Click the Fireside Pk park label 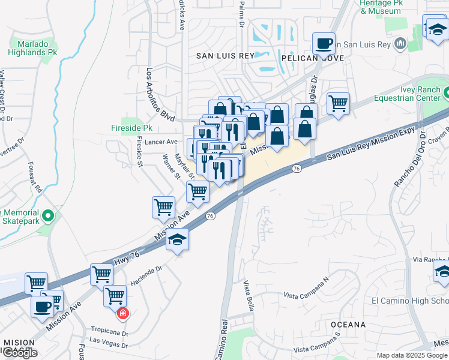[131, 128]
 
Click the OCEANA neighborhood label [348, 325]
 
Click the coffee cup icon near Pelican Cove [324, 43]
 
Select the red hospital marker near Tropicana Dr [122, 313]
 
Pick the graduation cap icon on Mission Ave [177, 239]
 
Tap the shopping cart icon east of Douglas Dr [338, 103]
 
